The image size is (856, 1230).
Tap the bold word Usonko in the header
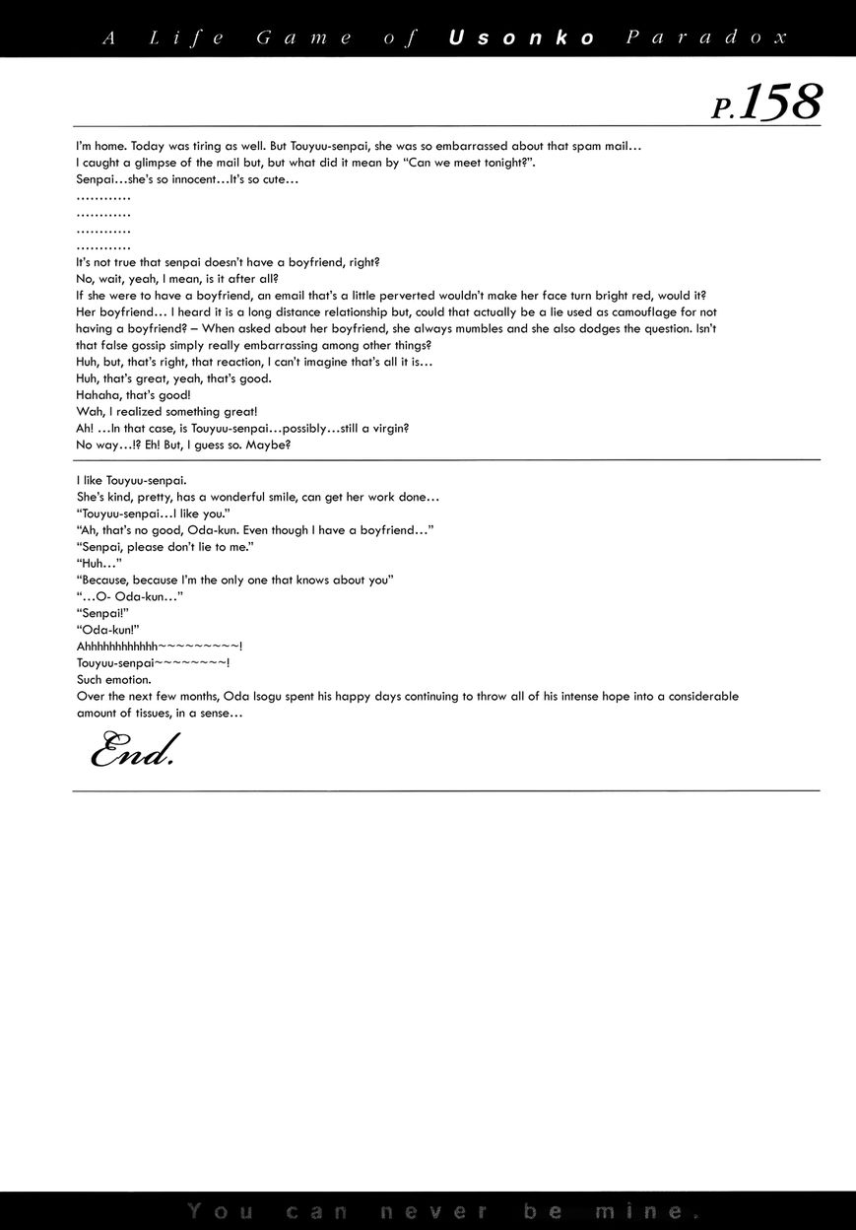pyautogui.click(x=522, y=37)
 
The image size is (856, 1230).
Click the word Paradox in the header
pyautogui.click(x=706, y=37)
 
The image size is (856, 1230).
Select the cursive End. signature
pyautogui.click(x=132, y=753)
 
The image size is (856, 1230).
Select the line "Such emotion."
pyautogui.click(x=113, y=679)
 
